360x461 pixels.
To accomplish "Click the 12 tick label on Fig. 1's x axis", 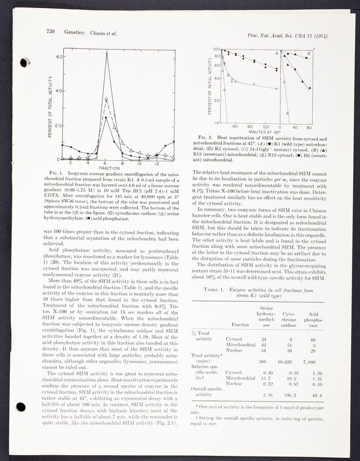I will [x=156, y=163].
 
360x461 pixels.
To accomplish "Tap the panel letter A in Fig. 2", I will [x=276, y=54].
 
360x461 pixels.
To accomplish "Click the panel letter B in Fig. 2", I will [x=309, y=54].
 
